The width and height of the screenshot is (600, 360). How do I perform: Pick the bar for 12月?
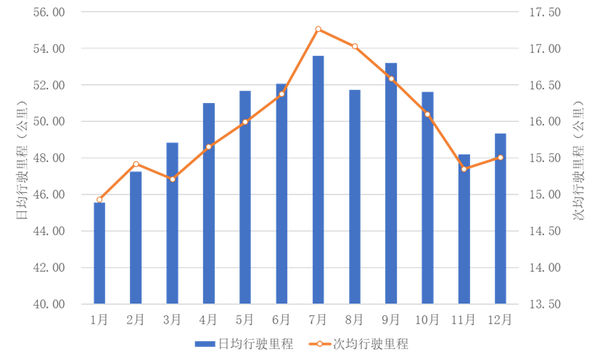pos(501,218)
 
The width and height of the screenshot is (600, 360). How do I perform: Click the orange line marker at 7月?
pos(318,29)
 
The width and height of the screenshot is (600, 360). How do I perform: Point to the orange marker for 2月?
pos(136,164)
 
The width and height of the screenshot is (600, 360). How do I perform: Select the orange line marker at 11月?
pos(464,169)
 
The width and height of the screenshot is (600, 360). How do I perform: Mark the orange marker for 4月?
pos(209,147)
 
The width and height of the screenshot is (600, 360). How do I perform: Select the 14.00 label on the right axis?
pos(546,267)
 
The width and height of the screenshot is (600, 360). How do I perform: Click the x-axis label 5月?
pos(245,319)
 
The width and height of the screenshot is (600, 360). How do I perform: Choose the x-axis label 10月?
pos(427,319)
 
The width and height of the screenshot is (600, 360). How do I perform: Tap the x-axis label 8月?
pos(354,319)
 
